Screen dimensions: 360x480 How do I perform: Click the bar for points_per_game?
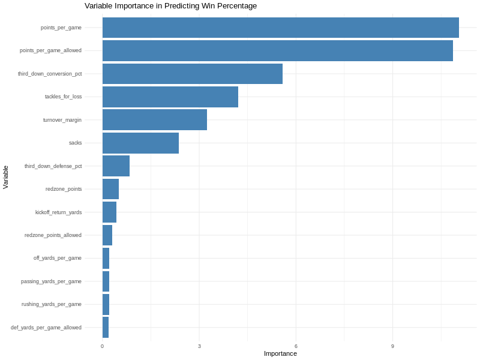pyautogui.click(x=280, y=28)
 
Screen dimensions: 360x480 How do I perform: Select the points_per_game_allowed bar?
pyautogui.click(x=277, y=50)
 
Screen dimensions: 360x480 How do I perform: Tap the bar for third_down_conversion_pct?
pyautogui.click(x=192, y=74)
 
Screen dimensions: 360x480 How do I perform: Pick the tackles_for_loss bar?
pyautogui.click(x=170, y=97)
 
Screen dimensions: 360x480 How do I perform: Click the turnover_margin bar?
pyautogui.click(x=154, y=119)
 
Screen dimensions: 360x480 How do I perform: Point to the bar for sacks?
pyautogui.click(x=140, y=143)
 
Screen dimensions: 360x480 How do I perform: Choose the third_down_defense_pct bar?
pyautogui.click(x=116, y=166)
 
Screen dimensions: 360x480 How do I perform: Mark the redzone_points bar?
pyautogui.click(x=110, y=189)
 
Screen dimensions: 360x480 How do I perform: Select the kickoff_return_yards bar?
pyautogui.click(x=109, y=212)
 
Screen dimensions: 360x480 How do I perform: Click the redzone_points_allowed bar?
pyautogui.click(x=107, y=235)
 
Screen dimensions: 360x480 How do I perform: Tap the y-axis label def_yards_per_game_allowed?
pyautogui.click(x=46, y=328)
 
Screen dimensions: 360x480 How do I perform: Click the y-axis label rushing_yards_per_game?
pyautogui.click(x=52, y=304)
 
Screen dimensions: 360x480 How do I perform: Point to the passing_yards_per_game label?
pyautogui.click(x=51, y=281)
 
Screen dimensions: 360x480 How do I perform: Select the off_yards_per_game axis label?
pyautogui.click(x=58, y=258)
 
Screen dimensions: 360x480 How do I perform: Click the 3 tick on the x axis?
pyautogui.click(x=199, y=346)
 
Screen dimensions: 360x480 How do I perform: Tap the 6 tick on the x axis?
pyautogui.click(x=296, y=346)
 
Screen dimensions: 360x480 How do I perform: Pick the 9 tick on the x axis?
pyautogui.click(x=392, y=346)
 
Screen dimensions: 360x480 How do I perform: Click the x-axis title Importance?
pyautogui.click(x=280, y=353)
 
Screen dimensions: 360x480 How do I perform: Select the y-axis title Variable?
pyautogui.click(x=6, y=178)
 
